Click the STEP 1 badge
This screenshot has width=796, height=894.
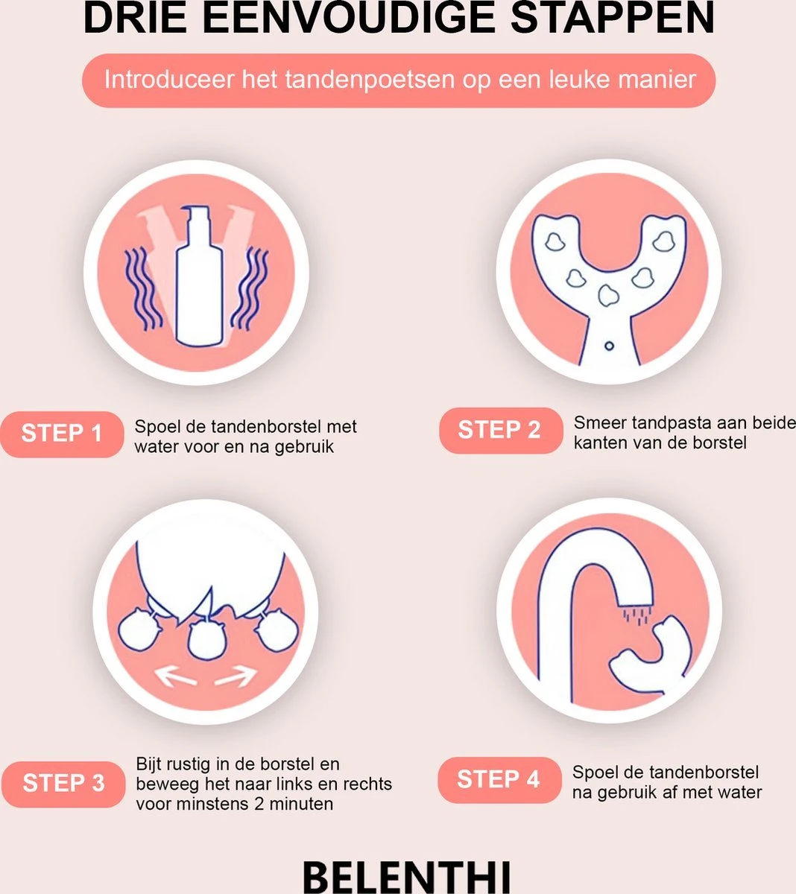pos(62,434)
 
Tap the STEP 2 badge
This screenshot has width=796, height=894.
pos(501,431)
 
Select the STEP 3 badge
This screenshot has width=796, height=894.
pos(63,784)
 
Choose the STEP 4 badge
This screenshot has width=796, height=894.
pos(499,780)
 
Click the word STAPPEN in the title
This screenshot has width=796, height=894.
pos(613,18)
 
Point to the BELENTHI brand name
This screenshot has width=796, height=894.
pos(406,877)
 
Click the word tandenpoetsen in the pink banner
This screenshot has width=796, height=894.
pos(370,80)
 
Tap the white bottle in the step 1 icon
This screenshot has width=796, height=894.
pos(199,276)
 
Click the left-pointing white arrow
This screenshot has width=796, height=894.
pos(175,676)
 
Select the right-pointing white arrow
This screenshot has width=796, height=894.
pos(236,676)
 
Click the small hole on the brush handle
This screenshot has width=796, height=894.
pos(609,346)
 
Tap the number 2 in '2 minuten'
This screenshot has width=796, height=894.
pos(259,804)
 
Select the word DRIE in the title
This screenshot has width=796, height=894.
pos(135,18)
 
